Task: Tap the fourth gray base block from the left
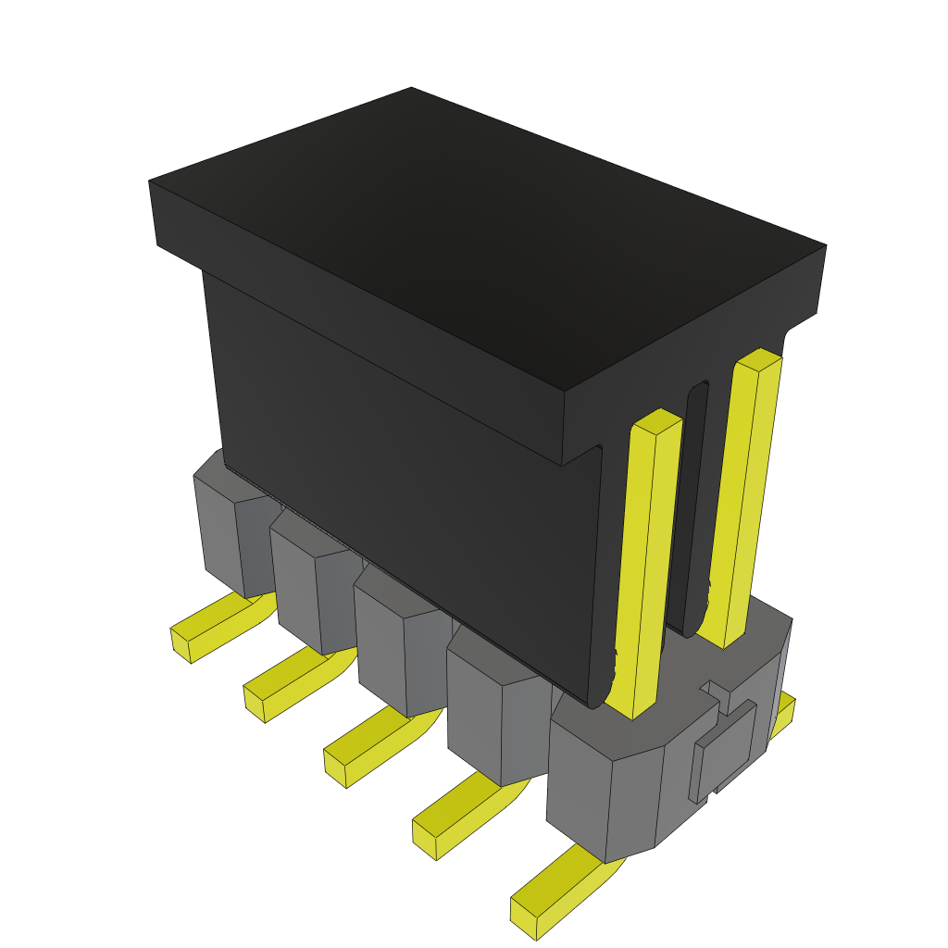477,717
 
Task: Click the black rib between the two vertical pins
695,509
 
